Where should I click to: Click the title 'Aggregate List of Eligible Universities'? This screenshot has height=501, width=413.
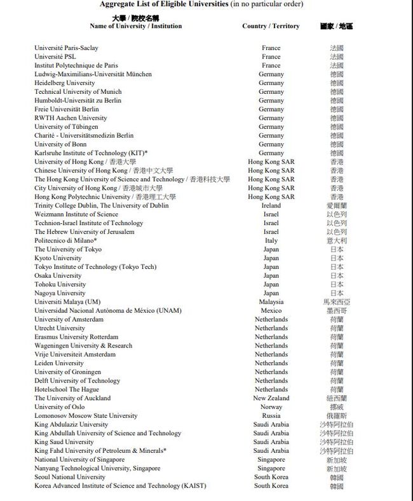pos(164,4)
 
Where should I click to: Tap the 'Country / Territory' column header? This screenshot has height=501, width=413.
pos(271,26)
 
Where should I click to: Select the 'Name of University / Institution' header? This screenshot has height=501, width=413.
pos(135,26)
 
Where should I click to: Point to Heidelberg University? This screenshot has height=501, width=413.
pos(65,82)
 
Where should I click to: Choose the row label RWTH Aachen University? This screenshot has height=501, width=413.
pos(71,118)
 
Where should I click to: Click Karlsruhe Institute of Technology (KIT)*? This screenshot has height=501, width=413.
pos(91,153)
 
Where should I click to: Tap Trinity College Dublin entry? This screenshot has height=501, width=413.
pos(102,205)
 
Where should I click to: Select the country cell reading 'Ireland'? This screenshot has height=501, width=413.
pos(271,205)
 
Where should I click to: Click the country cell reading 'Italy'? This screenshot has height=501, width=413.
pos(271,240)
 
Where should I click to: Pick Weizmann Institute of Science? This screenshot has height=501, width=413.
pos(76,214)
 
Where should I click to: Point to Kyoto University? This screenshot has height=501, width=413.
pos(58,258)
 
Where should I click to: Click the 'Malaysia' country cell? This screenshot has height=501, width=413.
pos(271,302)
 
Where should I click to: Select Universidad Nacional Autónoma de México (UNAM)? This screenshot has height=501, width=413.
pos(108,311)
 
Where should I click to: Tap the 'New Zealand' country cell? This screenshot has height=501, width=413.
pos(271,398)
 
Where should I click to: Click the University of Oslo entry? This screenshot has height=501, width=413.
pos(60,407)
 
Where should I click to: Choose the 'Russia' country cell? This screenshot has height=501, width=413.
pos(271,416)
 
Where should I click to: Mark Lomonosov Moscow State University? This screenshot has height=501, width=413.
pos(86,416)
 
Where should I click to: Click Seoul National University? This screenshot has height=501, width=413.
pos(70,477)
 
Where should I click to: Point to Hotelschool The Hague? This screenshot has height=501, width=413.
pos(67,389)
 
